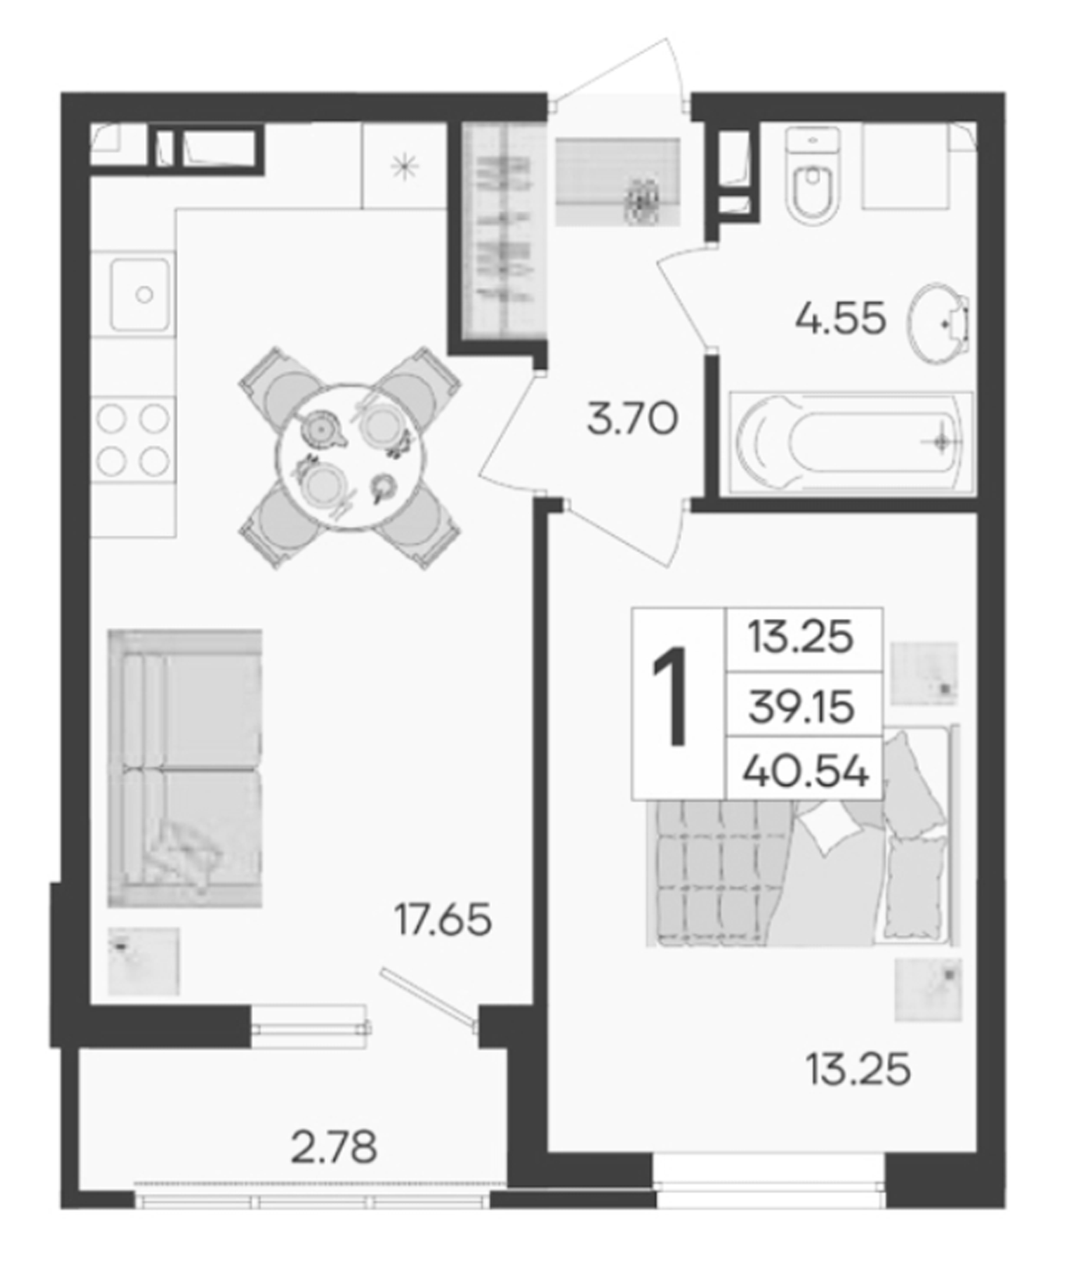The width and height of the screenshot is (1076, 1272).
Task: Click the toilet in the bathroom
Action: (x=813, y=177)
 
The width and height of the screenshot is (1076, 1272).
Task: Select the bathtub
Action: (x=851, y=442)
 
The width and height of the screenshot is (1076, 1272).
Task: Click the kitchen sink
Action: (x=140, y=295)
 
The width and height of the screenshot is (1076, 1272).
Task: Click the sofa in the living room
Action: (x=185, y=768)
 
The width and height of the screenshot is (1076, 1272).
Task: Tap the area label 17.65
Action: (x=443, y=920)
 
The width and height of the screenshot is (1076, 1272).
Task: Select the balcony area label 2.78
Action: (x=334, y=1148)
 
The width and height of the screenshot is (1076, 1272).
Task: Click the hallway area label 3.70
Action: (x=632, y=421)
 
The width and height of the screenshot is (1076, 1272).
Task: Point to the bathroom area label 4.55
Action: (x=841, y=319)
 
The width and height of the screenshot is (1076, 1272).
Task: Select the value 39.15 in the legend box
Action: (x=802, y=708)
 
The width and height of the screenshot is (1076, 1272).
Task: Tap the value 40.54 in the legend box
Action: (x=805, y=772)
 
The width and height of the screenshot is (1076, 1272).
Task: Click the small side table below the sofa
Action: (x=143, y=961)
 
